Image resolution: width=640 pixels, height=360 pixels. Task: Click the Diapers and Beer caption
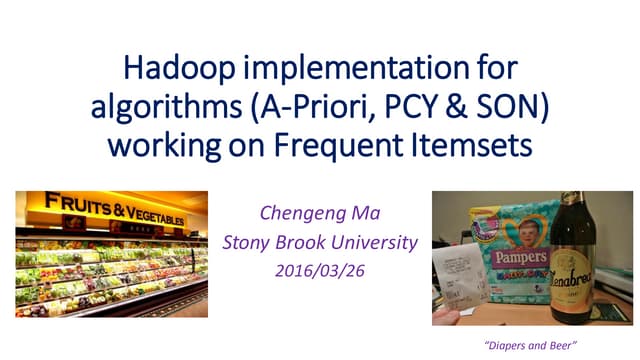coord(521,343)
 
